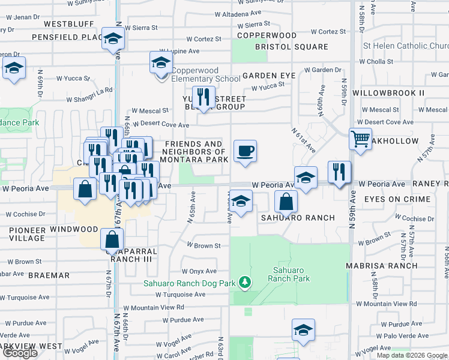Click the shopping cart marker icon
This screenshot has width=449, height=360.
[360, 139]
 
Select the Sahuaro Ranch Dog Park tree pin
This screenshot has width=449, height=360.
[244, 281]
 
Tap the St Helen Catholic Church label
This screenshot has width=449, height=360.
[406, 46]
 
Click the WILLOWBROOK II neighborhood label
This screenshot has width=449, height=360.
[388, 93]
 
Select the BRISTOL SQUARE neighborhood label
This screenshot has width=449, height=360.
[291, 47]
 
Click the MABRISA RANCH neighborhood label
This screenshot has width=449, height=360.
[381, 265]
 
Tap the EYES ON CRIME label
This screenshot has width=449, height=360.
[397, 199]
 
